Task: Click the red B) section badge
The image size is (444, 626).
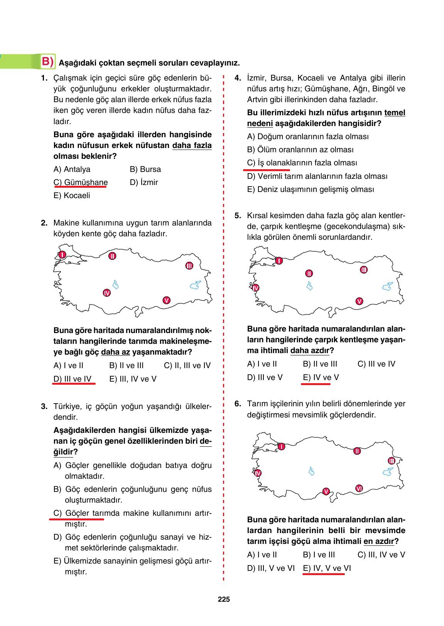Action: pos(48,62)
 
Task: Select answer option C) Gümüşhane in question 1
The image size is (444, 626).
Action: pos(81,182)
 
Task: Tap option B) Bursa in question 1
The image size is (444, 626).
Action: pos(145,169)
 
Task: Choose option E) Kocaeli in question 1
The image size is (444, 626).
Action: pos(72,195)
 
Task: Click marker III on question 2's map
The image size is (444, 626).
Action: pos(189,266)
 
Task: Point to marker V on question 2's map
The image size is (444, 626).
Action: pos(166,300)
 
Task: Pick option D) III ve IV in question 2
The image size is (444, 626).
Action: pos(73,379)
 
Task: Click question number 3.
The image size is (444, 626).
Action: pos(44,406)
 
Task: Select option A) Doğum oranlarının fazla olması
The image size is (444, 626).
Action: pos(307,136)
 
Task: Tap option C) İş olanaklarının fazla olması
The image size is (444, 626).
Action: pos(302,163)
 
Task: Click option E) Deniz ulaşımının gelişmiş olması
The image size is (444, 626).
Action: pos(310,189)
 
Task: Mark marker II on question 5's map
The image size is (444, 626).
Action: pos(309,273)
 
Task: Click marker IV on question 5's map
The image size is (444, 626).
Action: pos(255,288)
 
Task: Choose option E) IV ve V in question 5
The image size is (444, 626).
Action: pos(321,377)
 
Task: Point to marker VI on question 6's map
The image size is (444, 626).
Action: pos(358,488)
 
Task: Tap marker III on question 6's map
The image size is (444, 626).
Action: pos(392,461)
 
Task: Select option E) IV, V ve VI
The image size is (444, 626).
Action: pos(327,568)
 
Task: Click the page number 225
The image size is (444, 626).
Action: pos(224,599)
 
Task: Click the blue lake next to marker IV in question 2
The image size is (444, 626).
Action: pos(115,285)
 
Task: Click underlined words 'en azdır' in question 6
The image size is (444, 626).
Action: pos(378,541)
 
